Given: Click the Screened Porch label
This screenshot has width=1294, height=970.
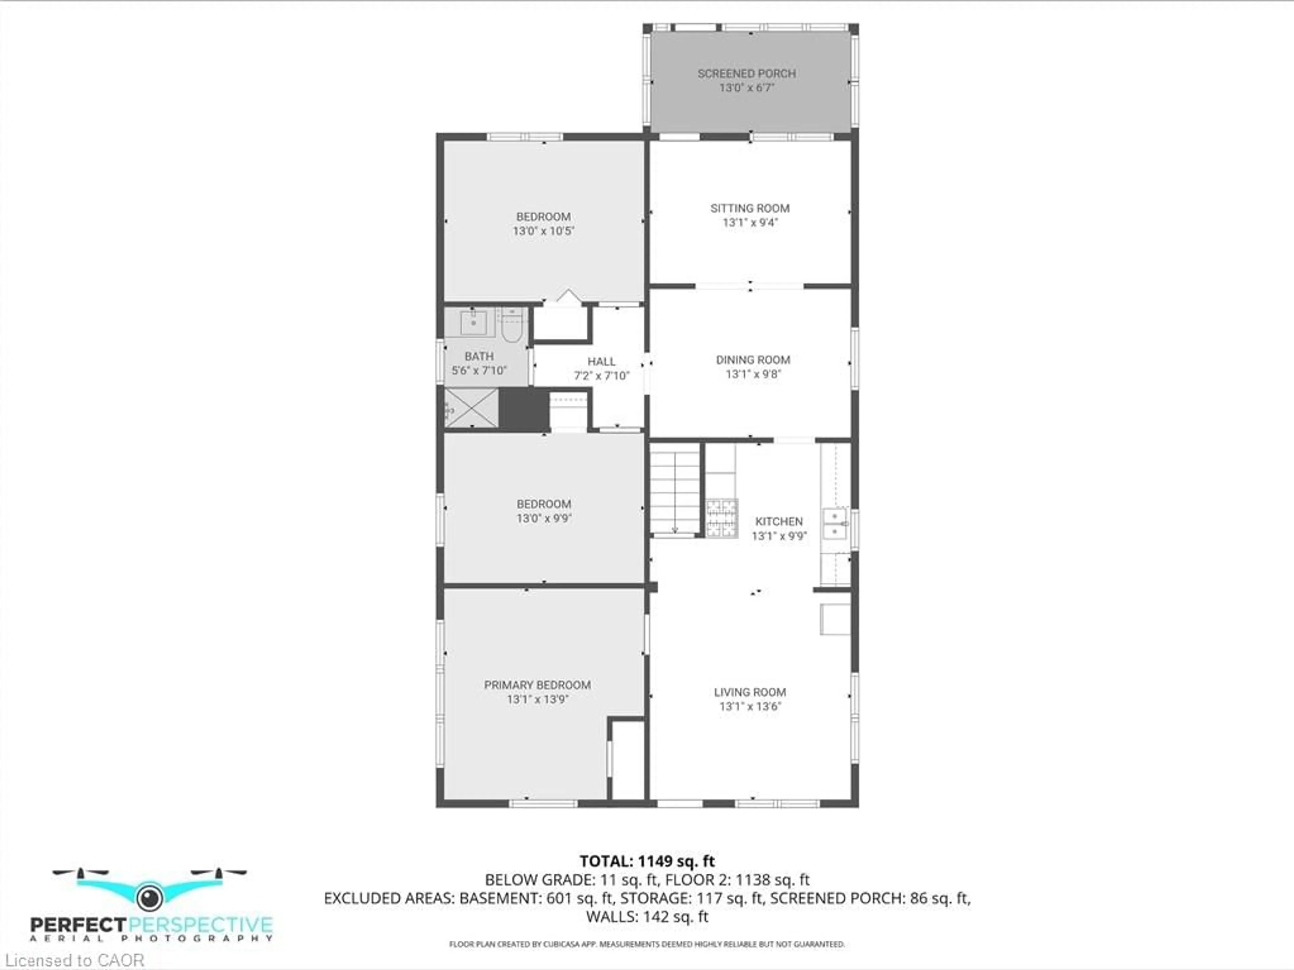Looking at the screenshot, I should pos(746,74).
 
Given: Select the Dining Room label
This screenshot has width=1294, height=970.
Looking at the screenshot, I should pos(753,360).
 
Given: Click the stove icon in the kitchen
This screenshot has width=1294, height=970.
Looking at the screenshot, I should pos(722,518).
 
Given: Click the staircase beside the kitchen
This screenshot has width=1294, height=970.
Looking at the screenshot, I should pos(675,489).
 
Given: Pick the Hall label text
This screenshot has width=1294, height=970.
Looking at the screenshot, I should pos(602,362).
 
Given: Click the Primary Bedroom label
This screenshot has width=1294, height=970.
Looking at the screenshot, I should pos(537,685).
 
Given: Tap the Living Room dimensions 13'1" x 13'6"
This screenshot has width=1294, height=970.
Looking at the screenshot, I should pos(750,706).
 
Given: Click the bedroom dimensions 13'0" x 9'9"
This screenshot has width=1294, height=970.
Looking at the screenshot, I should pos(544,518).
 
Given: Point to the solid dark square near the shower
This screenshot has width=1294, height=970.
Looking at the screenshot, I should pos(524,408).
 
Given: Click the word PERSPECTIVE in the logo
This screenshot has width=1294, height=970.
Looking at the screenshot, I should pos(200,925).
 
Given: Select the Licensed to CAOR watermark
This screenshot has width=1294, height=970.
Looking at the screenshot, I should pos(74,960).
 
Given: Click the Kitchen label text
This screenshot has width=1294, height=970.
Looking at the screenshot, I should pos(779,521).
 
